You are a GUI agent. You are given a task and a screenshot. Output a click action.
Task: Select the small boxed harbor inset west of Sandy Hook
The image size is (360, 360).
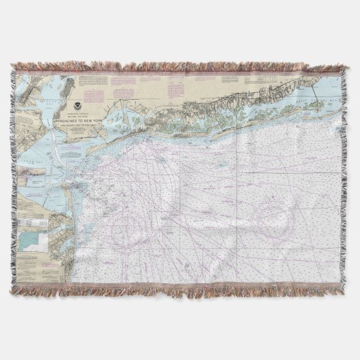tap(34, 178)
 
